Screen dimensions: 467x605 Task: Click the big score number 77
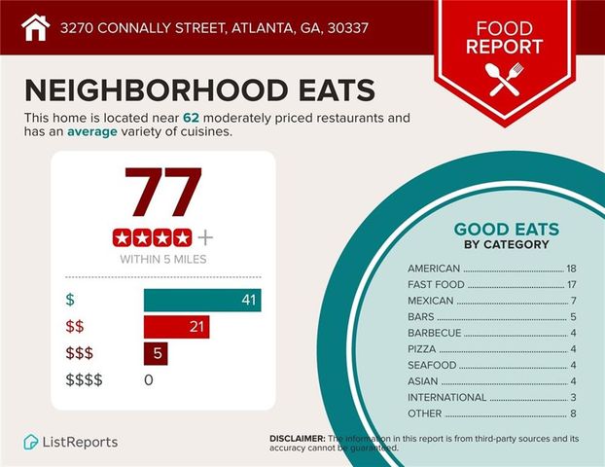coord(162,195)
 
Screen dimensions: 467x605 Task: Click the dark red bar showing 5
coord(156,353)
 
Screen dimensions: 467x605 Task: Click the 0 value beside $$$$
coord(149,379)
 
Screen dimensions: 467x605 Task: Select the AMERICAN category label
coord(434,268)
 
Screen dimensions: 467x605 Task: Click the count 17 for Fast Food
coord(571,284)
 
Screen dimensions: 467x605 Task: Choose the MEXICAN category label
coord(431,301)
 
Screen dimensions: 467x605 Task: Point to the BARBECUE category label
coord(434,333)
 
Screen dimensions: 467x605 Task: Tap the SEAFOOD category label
coord(431,365)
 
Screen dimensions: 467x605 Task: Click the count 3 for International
coord(574,397)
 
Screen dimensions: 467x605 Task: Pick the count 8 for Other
coord(574,413)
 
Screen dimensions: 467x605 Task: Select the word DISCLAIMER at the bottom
coord(297,439)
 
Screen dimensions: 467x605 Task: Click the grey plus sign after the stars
coord(205,236)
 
